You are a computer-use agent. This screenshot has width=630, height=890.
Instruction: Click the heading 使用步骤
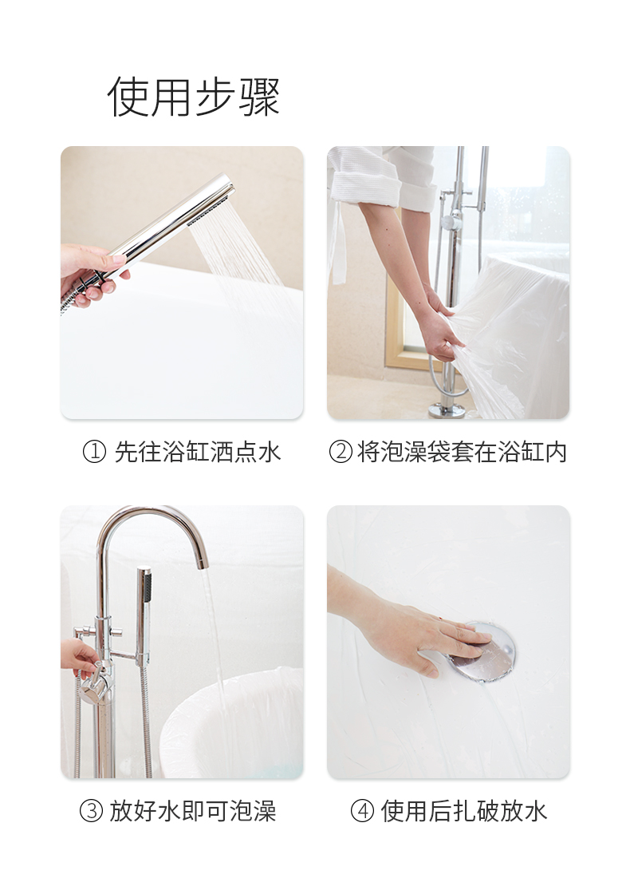(193, 97)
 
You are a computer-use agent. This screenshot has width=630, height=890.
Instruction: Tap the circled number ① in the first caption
(94, 453)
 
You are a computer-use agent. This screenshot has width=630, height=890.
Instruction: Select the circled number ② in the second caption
(341, 453)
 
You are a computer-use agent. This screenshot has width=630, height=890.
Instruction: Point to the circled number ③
(91, 810)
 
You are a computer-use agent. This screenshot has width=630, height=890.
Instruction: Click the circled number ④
(362, 810)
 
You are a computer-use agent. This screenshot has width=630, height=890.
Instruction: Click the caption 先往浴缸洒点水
(198, 453)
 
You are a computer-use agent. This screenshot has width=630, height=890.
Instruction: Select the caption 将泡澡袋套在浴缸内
(462, 453)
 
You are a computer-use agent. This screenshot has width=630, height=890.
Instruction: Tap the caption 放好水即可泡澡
(193, 810)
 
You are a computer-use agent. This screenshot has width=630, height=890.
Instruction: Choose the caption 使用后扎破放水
(464, 810)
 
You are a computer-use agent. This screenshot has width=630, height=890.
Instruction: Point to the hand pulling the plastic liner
(439, 329)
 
